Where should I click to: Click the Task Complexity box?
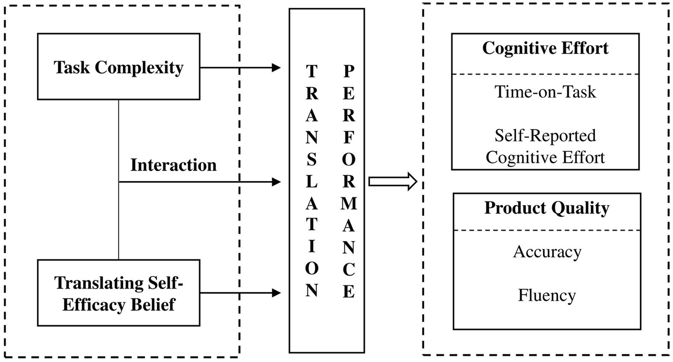coord(118,67)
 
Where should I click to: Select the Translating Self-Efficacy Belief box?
coord(118,293)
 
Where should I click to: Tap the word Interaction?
coord(173,165)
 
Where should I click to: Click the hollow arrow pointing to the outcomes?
coord(392,181)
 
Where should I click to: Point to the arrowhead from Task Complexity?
coord(276,68)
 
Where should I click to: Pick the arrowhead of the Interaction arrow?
coord(276,181)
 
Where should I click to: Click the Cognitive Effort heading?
coord(545,48)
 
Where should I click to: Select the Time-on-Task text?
coord(545,92)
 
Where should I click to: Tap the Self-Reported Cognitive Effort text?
coord(545,146)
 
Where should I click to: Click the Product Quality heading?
coord(546,208)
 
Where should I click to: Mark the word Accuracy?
coord(547,252)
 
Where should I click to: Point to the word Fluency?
coord(546,295)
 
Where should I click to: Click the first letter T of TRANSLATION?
coord(311,72)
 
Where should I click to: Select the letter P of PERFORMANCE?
coord(349,72)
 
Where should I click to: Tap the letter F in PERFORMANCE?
coord(349,137)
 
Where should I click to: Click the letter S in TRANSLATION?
coord(311,159)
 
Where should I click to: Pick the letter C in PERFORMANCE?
coord(349,269)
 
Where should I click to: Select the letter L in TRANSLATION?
coord(311,181)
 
